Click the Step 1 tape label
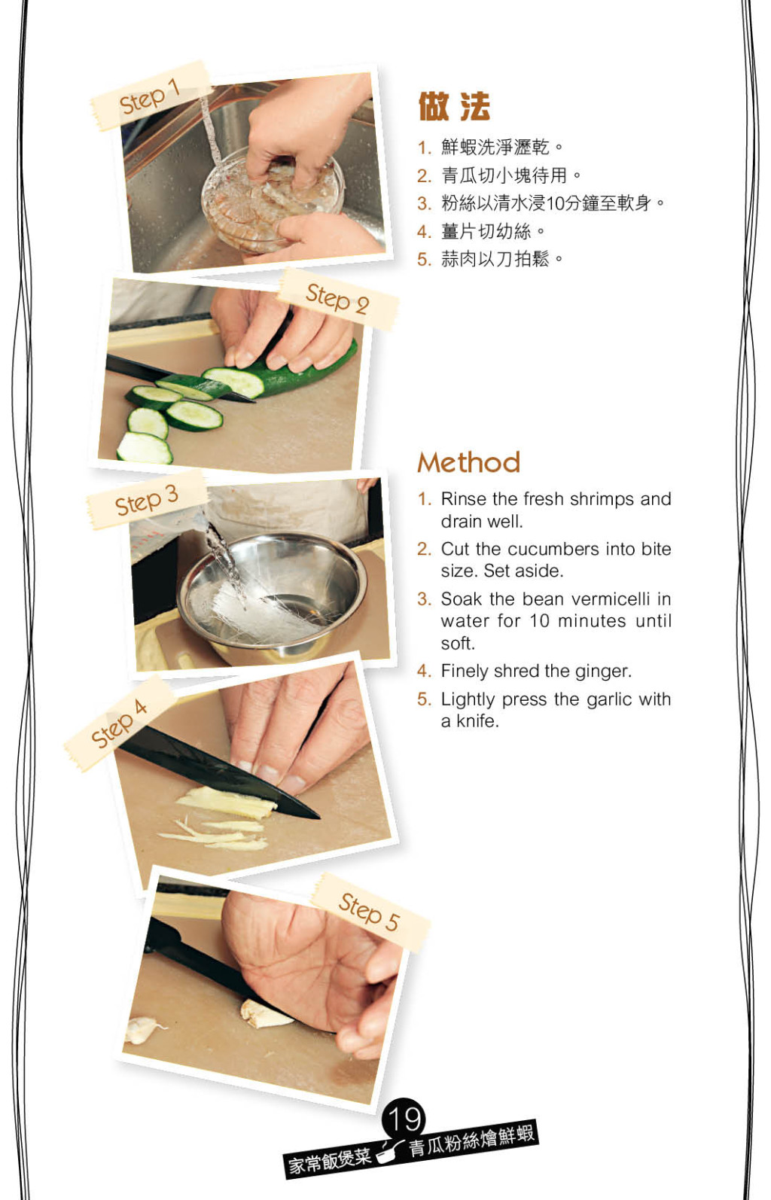pyautogui.click(x=150, y=96)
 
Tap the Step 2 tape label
pyautogui.click(x=337, y=299)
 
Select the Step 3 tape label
pyautogui.click(x=147, y=501)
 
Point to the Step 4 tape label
pyautogui.click(x=120, y=723)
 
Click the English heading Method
pyautogui.click(x=469, y=462)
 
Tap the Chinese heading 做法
pyautogui.click(x=454, y=106)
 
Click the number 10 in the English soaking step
pyautogui.click(x=540, y=621)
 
